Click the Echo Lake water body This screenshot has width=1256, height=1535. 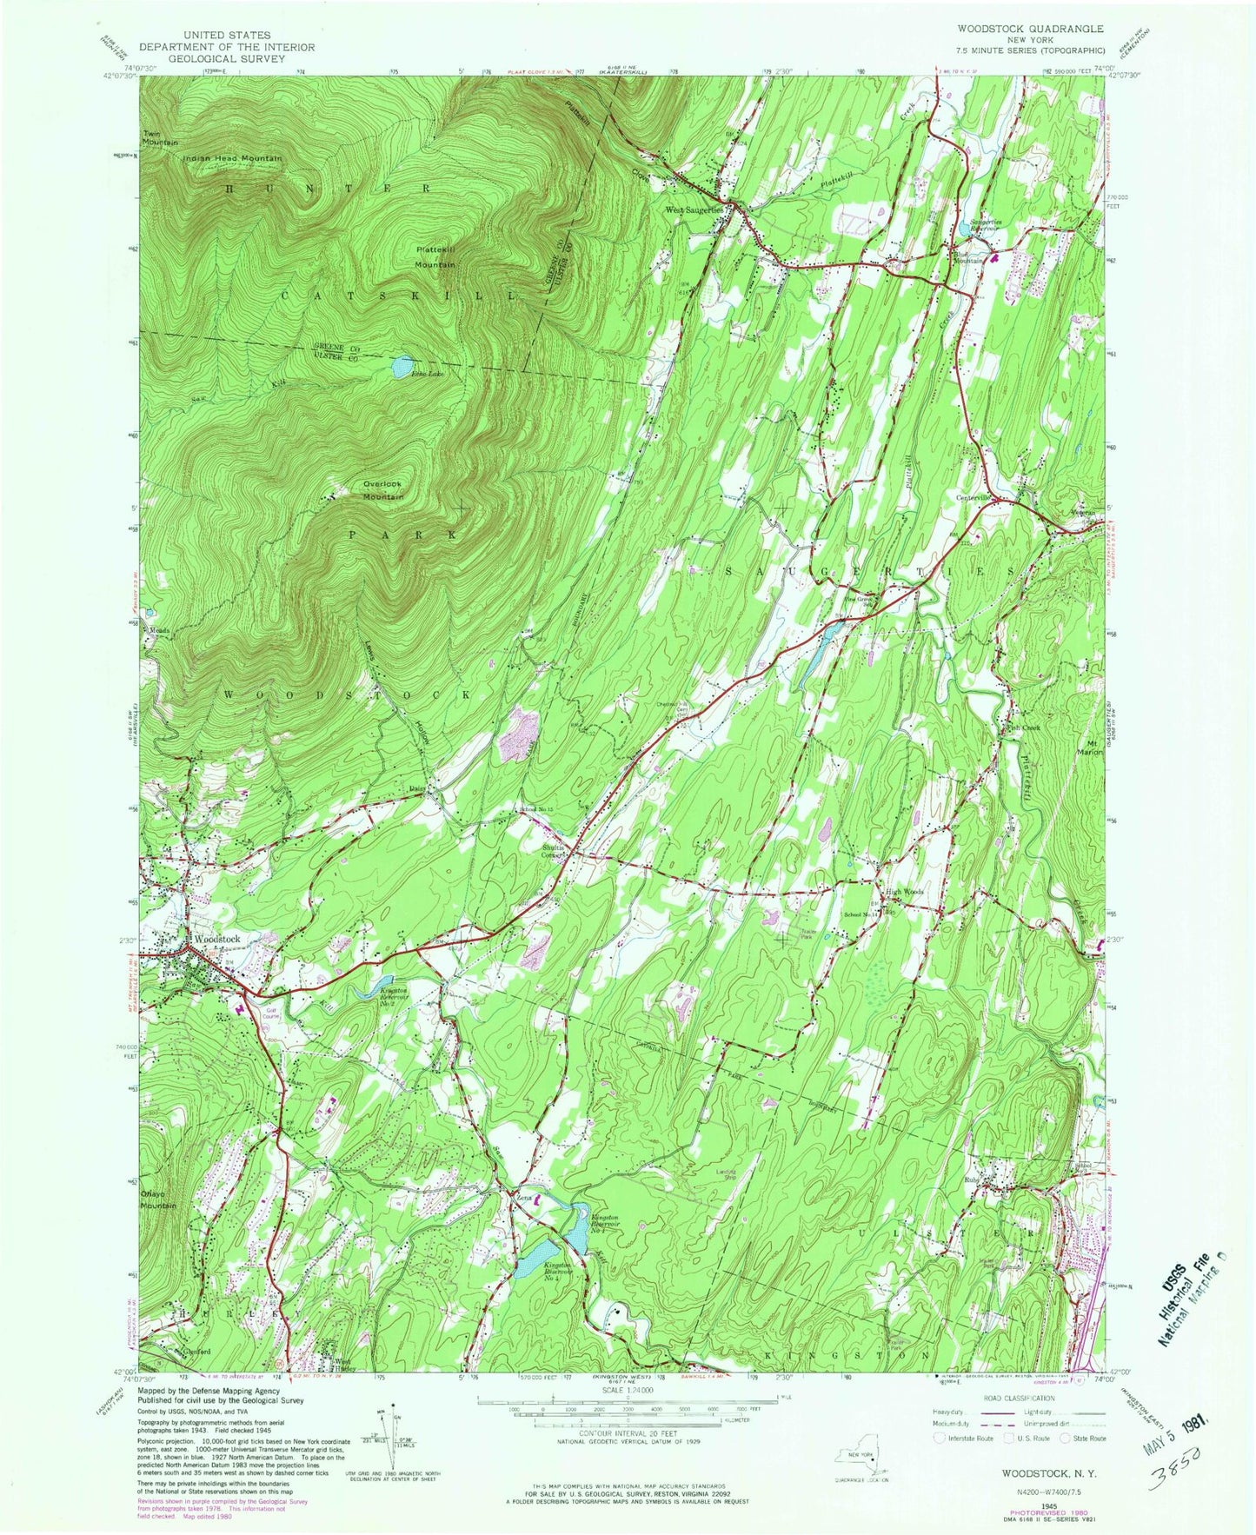(402, 366)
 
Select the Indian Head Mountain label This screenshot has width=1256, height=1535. (233, 158)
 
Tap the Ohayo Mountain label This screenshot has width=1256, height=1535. (159, 1199)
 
